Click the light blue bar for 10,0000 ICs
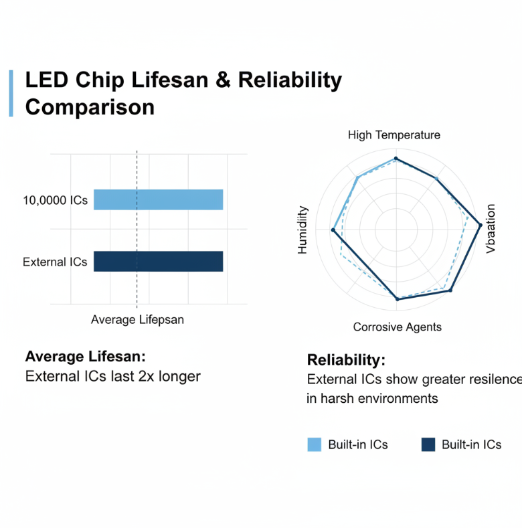click(x=158, y=200)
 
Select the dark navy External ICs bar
click(x=158, y=261)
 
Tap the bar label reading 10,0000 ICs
click(x=55, y=200)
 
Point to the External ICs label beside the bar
click(x=55, y=262)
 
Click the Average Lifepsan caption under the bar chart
click(x=137, y=320)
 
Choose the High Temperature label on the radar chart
click(x=394, y=135)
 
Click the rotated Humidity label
click(x=302, y=230)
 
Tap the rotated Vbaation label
click(x=491, y=228)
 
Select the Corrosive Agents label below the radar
click(x=398, y=327)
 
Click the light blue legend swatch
click(x=315, y=444)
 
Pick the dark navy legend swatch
click(x=428, y=444)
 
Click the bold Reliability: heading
click(x=346, y=359)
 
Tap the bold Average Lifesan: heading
click(x=85, y=357)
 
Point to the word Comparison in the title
click(x=90, y=107)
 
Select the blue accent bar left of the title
click(x=11, y=93)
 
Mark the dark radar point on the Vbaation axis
click(x=481, y=225)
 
